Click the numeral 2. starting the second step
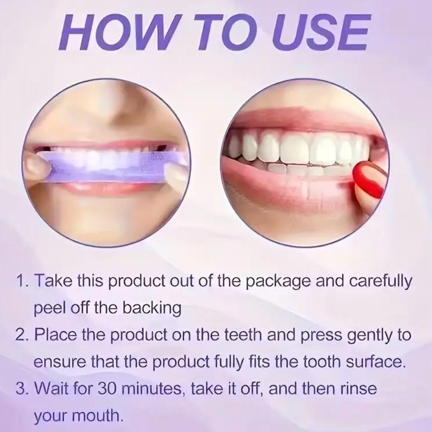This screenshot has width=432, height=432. [x=23, y=335]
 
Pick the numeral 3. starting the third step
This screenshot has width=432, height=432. [x=23, y=390]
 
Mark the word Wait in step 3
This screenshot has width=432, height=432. [x=54, y=390]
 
